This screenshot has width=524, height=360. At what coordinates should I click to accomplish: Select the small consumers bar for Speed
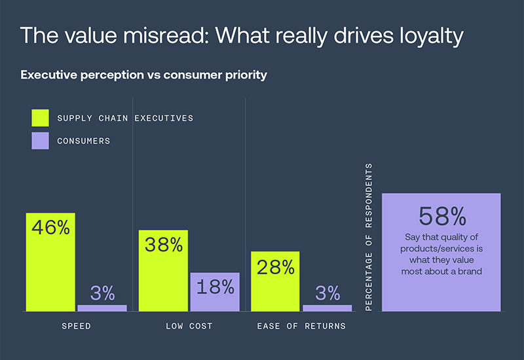point(102,308)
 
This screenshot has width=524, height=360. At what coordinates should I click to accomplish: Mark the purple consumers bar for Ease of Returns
point(327,308)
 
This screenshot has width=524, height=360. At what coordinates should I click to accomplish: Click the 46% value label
point(51,228)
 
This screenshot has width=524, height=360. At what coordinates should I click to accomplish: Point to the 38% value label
point(163,245)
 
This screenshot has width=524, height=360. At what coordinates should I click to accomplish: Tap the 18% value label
point(215,287)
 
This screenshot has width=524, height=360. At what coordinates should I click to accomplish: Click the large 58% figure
point(441,215)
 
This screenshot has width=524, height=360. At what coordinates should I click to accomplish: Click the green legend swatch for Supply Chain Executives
point(40,118)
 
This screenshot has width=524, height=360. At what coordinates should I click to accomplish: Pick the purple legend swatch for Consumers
point(40,140)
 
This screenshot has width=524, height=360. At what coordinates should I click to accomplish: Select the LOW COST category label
point(189,326)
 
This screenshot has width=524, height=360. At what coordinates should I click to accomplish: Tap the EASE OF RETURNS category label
point(301,326)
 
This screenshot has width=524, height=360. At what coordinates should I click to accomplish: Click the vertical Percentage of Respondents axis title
point(369,237)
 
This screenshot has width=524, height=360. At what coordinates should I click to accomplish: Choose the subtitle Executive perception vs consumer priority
point(143,75)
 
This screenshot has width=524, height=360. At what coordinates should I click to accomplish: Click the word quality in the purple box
point(453,238)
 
